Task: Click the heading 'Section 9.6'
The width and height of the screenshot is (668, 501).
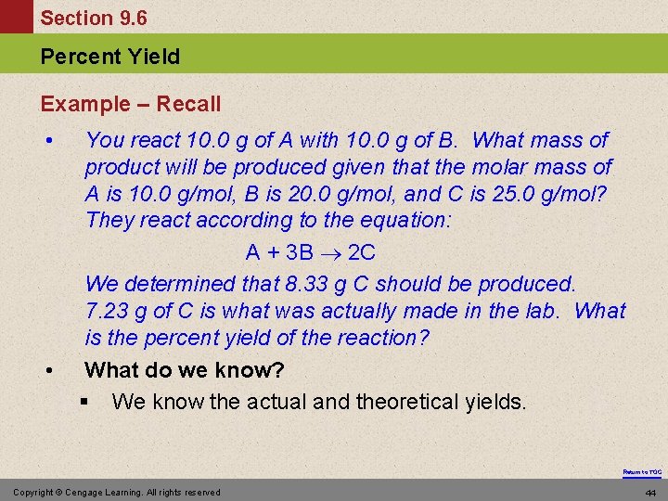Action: pos(94,18)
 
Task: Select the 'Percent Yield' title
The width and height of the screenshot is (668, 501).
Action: pos(110,57)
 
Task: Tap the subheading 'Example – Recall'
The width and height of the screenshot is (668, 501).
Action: pos(131,104)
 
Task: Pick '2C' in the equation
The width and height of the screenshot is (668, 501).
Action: pos(363,252)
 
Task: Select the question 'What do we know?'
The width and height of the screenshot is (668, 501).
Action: pos(185,370)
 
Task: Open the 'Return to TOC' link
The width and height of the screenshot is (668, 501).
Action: pos(642,472)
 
